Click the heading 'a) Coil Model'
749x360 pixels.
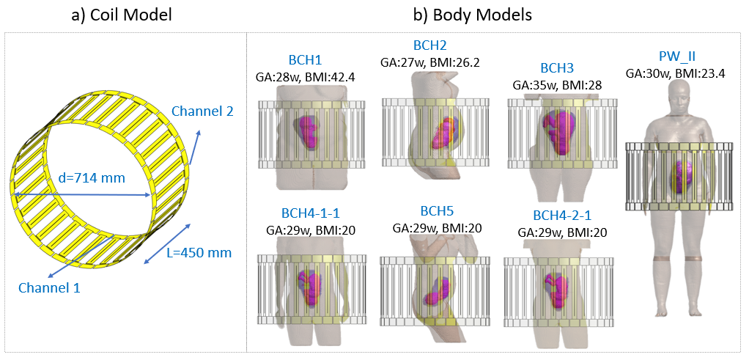coord(122,14)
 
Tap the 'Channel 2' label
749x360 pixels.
coord(202,111)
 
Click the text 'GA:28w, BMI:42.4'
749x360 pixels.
coord(307,75)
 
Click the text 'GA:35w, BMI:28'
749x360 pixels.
coord(556,83)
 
